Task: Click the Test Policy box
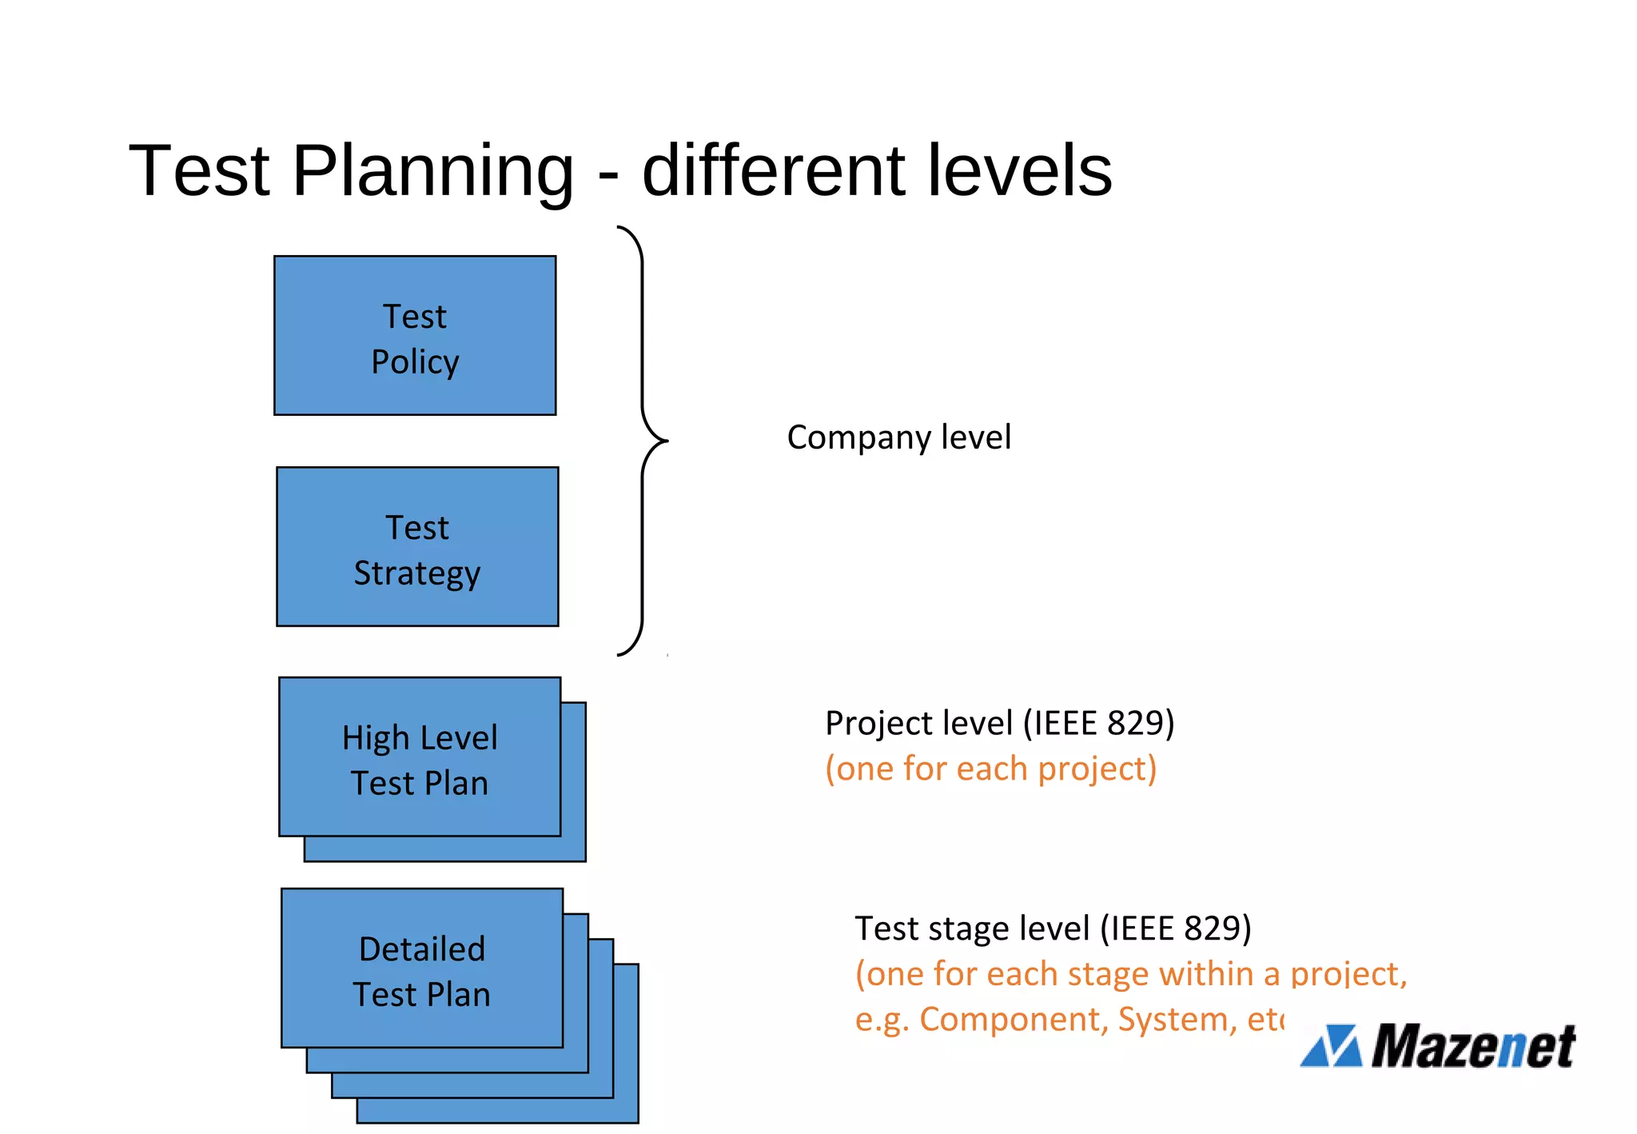[x=415, y=336]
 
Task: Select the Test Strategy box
[x=417, y=547]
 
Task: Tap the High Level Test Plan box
[x=420, y=757]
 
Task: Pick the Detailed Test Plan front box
[x=422, y=968]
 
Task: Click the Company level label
[x=898, y=437]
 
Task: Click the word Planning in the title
[x=432, y=170]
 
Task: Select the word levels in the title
[x=1019, y=170]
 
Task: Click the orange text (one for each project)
[x=990, y=769]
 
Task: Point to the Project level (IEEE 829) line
[x=999, y=723]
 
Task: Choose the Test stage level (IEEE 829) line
[x=1053, y=928]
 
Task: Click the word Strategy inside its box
[x=417, y=573]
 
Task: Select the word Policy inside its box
[x=415, y=362]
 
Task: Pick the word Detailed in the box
[x=422, y=949]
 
